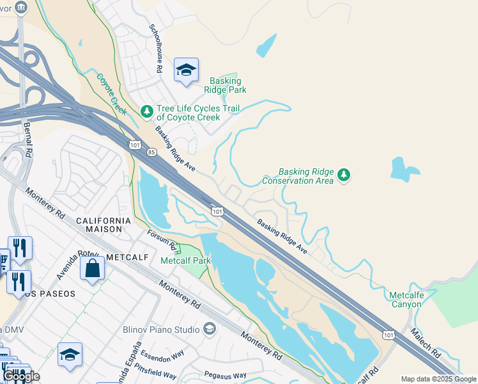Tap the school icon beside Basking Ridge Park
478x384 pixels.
[186, 70]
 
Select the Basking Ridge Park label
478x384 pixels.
[226, 86]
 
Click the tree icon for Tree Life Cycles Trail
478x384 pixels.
[147, 112]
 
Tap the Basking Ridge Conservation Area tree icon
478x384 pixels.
[344, 175]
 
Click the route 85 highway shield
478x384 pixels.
[151, 152]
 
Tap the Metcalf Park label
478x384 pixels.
[185, 260]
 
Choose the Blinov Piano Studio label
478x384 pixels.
[160, 329]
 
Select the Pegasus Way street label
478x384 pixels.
[225, 375]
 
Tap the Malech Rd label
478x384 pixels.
[426, 344]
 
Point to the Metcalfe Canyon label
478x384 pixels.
[406, 300]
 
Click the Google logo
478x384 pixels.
[21, 376]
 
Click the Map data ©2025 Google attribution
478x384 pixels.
[438, 379]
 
